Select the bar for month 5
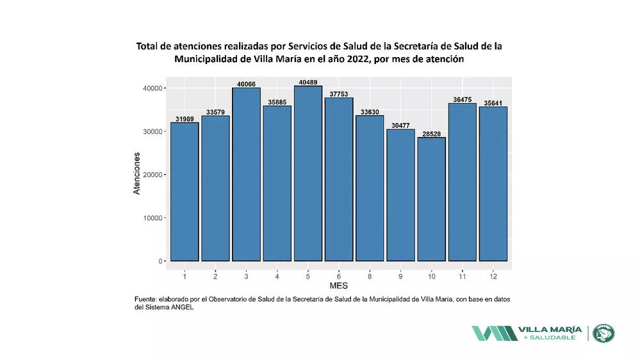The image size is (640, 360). tap(308, 174)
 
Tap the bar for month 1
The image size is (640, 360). tap(184, 192)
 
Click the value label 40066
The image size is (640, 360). tap(246, 83)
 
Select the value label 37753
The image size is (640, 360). tap(338, 94)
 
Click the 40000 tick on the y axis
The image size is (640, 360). tap(152, 88)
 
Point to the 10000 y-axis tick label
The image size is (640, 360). tap(152, 218)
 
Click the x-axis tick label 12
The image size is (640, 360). tap(493, 276)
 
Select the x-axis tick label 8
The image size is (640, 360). tap(370, 276)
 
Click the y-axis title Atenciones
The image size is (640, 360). tap(137, 174)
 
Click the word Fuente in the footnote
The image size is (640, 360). tap(147, 299)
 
